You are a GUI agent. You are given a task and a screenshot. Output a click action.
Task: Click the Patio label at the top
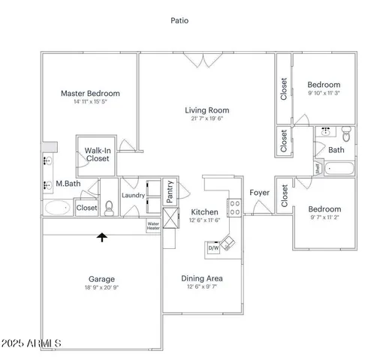[x=179, y=21]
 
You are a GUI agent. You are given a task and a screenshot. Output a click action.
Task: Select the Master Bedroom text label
[x=90, y=94]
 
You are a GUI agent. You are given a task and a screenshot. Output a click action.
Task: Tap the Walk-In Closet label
[x=98, y=154]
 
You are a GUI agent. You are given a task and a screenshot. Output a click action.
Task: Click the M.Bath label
[x=68, y=184]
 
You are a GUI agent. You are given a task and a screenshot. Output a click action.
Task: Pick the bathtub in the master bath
[x=57, y=207]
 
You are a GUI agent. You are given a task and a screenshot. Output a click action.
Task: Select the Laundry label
[x=133, y=196]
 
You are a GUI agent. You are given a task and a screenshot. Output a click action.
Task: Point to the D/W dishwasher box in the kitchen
[x=213, y=247]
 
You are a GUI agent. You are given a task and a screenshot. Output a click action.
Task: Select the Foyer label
[x=260, y=193]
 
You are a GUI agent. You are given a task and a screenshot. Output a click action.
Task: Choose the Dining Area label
[x=202, y=279]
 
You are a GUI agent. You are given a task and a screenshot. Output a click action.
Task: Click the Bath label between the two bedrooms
[x=336, y=150]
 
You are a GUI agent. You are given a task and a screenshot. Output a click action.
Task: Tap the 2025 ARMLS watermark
[x=32, y=344]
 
